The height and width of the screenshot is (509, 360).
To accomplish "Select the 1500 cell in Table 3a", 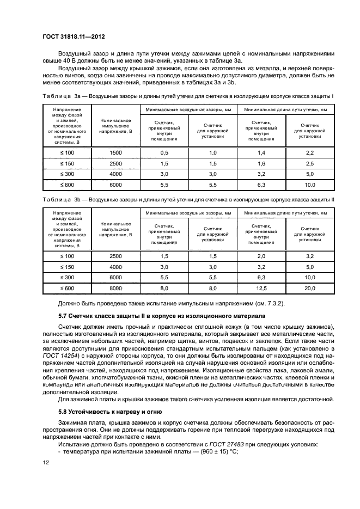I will [115, 153].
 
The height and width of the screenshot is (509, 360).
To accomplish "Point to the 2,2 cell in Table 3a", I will [310, 153].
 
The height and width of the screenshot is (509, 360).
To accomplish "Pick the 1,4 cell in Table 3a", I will [261, 153].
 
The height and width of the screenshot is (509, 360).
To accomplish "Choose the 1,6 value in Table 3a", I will [261, 163].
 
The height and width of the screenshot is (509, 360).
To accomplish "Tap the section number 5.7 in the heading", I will [64, 316].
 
